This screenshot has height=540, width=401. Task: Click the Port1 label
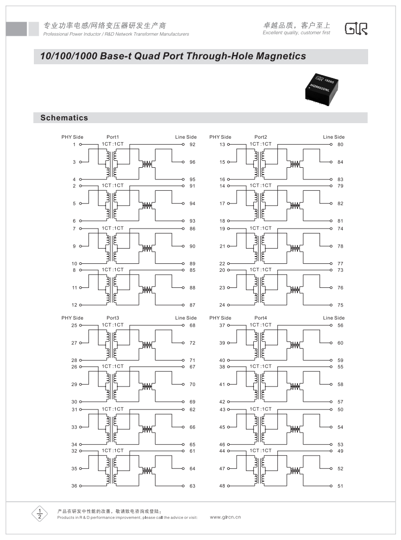(113, 137)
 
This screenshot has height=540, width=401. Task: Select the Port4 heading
(261, 318)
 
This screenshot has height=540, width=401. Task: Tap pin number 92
(192, 145)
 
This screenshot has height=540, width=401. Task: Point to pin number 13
(222, 145)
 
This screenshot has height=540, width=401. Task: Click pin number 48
(222, 486)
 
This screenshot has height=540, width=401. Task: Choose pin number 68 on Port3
(192, 326)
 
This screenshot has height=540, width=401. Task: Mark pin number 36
(74, 486)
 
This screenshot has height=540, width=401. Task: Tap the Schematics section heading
(64, 118)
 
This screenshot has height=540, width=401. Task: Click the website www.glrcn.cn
(225, 517)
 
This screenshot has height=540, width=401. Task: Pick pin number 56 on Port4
(340, 326)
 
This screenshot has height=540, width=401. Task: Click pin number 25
(74, 326)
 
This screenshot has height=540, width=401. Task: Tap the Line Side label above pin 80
(334, 137)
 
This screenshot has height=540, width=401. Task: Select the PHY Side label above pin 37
(220, 318)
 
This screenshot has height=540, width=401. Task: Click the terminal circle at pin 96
(183, 162)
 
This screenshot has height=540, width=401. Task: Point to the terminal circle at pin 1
(80, 145)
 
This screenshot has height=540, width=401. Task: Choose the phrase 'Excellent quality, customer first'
(296, 33)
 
